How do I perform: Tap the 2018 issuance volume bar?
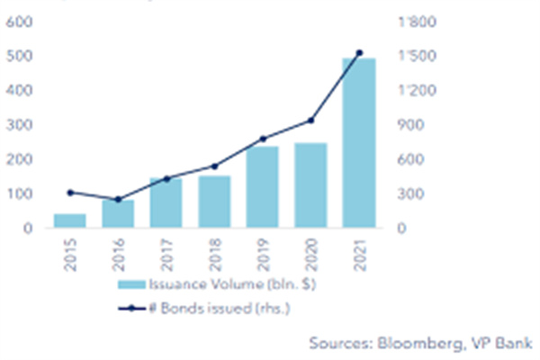point(215,202)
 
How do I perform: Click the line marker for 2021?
point(359,53)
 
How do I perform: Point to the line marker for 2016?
point(118,200)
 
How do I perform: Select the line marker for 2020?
point(310,121)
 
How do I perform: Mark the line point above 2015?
point(69,193)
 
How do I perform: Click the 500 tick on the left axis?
point(19,57)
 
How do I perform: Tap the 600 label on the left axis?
point(19,22)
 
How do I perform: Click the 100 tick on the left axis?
point(19,194)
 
